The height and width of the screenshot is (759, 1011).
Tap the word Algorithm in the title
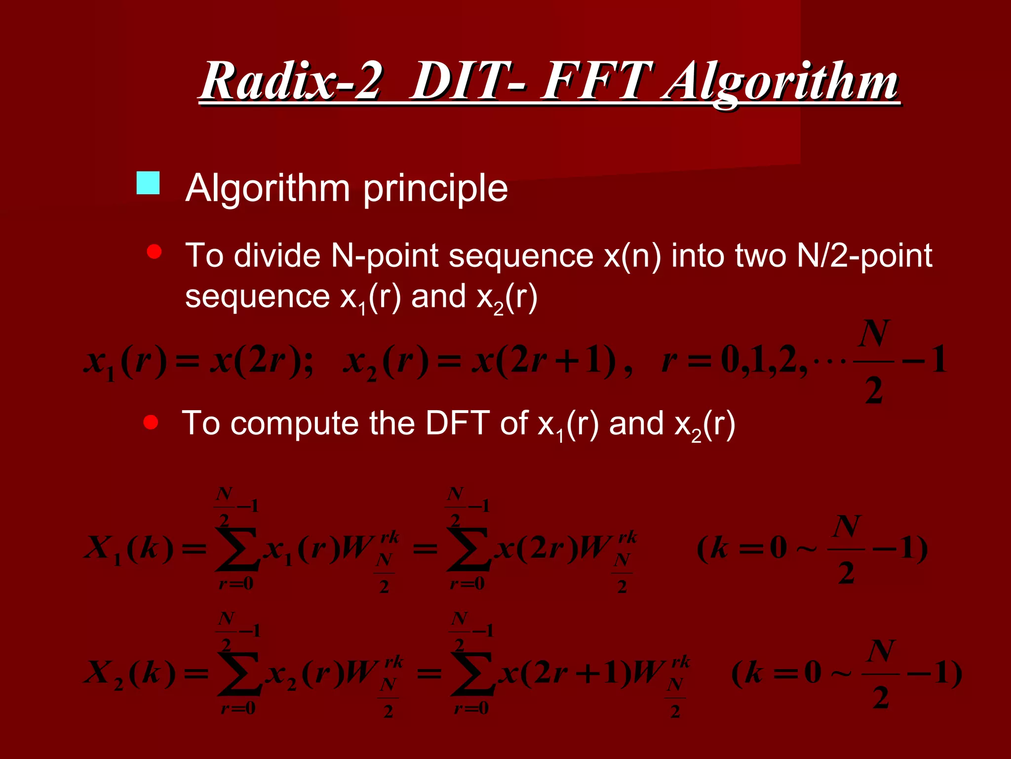click(x=780, y=82)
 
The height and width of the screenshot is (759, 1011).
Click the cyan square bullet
click(x=148, y=183)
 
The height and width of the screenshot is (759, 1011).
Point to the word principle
click(x=435, y=189)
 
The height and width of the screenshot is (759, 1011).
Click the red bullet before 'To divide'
click(x=155, y=252)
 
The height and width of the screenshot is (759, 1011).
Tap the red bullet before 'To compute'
click(x=151, y=422)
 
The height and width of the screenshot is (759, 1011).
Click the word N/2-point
click(x=864, y=256)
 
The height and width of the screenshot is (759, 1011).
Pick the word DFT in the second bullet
click(x=457, y=423)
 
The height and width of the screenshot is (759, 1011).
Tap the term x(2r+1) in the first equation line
click(x=543, y=361)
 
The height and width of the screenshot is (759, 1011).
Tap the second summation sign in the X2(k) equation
click(x=471, y=673)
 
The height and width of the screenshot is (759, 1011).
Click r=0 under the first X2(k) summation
click(x=238, y=709)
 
